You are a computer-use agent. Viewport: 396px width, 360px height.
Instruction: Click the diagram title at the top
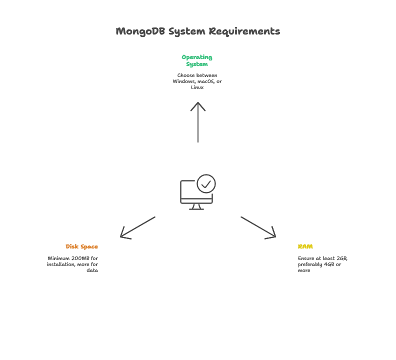tap(200, 30)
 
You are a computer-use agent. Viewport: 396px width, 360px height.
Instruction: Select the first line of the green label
tap(197, 57)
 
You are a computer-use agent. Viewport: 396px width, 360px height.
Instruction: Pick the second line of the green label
tap(197, 64)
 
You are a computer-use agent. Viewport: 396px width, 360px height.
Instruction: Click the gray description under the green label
tap(197, 79)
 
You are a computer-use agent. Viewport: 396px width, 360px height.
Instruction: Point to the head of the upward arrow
tap(198, 105)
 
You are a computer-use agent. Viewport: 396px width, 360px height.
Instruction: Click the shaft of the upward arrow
tap(198, 127)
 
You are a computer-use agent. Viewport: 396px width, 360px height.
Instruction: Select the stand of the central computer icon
tap(197, 207)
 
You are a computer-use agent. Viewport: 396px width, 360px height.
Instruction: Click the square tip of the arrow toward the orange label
tap(126, 232)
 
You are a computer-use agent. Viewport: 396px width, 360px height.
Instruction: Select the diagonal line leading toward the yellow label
tap(252, 222)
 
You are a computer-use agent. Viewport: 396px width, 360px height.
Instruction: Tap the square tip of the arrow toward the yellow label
tap(270, 232)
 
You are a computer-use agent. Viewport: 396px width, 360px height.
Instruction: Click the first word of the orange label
tap(72, 247)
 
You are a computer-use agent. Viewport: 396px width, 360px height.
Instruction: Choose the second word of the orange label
tap(90, 247)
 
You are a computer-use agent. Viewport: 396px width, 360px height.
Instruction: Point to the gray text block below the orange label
tap(72, 262)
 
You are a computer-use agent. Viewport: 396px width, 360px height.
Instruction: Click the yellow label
tap(305, 247)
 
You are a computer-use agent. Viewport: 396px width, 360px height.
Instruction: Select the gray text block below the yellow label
tap(321, 262)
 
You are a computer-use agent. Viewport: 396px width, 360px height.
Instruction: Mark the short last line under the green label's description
tap(197, 88)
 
